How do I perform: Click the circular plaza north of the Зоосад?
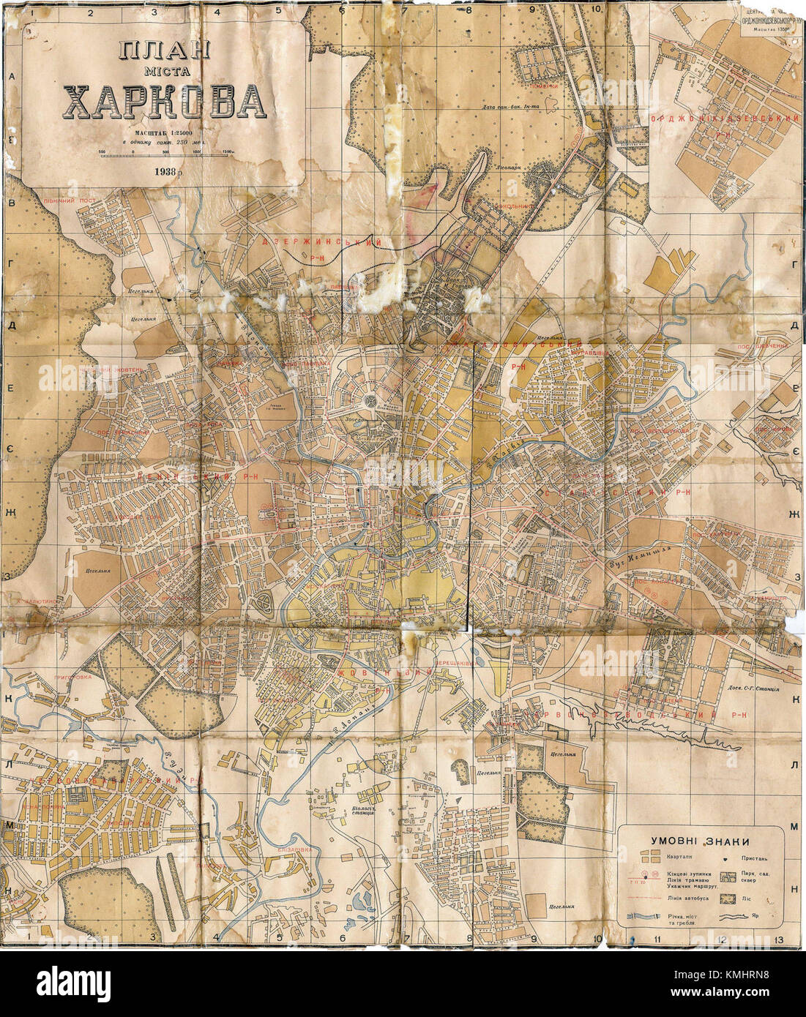click(x=371, y=401)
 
